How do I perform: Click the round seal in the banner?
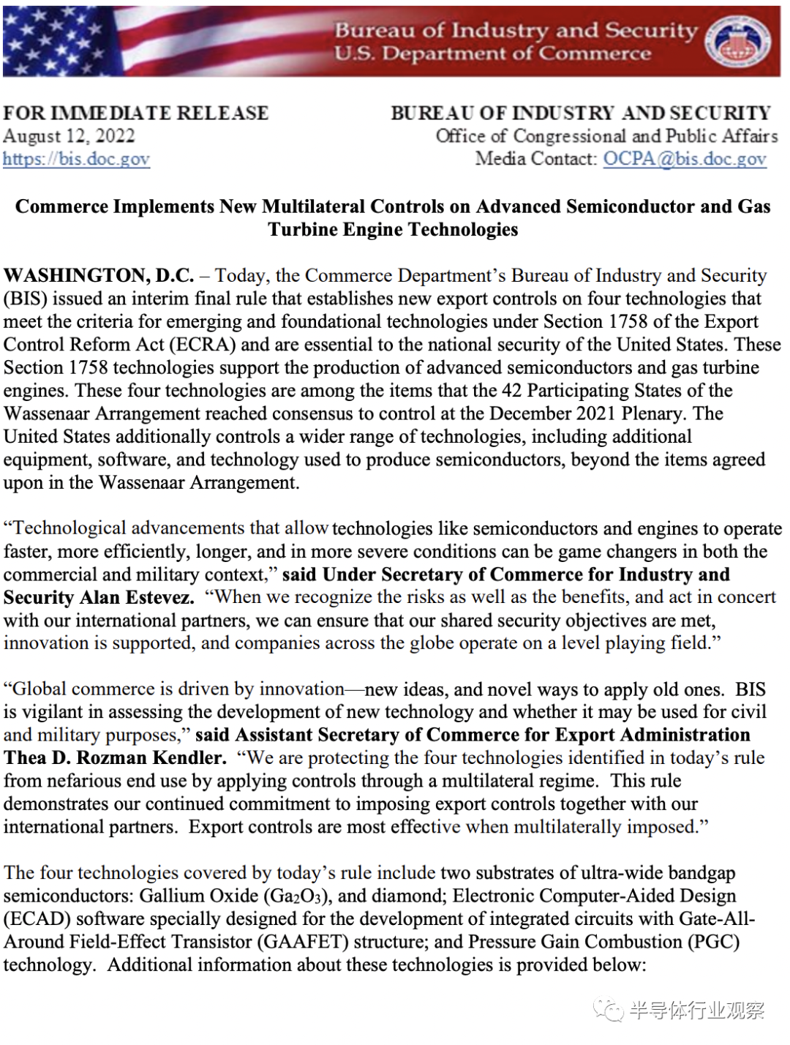(x=737, y=41)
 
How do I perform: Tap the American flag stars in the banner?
(x=51, y=40)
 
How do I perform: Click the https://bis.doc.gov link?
(x=76, y=159)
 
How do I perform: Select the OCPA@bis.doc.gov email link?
(x=685, y=159)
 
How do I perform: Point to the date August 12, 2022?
(x=69, y=136)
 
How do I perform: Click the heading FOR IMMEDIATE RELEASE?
(x=136, y=113)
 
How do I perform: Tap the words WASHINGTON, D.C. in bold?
(x=99, y=276)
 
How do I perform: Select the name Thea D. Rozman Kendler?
(x=115, y=757)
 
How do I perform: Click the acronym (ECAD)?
(x=37, y=919)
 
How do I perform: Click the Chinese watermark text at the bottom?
(x=695, y=1011)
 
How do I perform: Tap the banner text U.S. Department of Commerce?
(x=492, y=54)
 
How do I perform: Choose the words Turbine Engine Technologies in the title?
(x=393, y=230)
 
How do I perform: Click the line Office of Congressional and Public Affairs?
(x=606, y=136)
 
